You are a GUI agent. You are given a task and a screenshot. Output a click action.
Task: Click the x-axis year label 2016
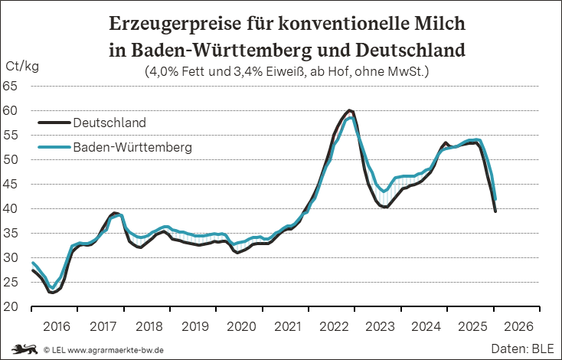[56, 326]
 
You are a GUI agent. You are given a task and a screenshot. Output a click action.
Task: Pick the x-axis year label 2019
[195, 326]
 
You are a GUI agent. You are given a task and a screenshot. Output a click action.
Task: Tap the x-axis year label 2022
[335, 326]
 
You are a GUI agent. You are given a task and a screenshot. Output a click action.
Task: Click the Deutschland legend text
[109, 123]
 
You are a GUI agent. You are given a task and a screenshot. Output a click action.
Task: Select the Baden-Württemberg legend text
[132, 146]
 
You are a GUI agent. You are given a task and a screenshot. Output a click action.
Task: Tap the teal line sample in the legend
[54, 146]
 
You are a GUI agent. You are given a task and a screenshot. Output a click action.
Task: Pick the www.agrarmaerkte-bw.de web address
[115, 349]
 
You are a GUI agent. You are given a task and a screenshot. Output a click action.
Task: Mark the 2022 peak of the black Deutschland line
[349, 110]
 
